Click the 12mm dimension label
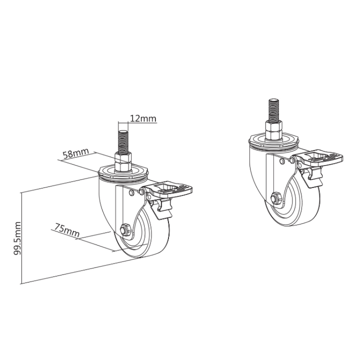(143, 118)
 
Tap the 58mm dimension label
(74, 152)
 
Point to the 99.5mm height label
(16, 238)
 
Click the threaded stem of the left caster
(123, 140)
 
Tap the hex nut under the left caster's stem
(123, 161)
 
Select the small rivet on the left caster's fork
(131, 192)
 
